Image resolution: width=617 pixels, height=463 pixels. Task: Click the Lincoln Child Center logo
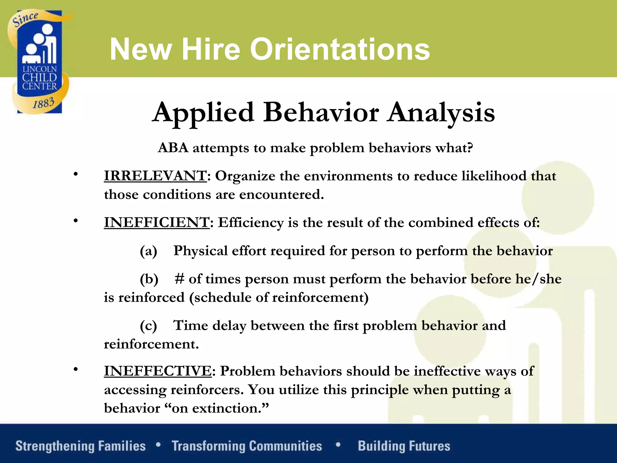[39, 62]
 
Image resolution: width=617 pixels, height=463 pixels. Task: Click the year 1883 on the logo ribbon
[43, 103]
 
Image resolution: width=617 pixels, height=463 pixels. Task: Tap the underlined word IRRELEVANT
[155, 176]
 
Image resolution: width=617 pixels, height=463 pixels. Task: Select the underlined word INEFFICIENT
[157, 222]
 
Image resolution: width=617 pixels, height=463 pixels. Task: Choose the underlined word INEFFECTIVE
[158, 371]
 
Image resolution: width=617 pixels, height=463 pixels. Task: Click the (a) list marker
[149, 251]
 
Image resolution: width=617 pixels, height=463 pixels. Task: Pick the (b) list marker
[149, 279]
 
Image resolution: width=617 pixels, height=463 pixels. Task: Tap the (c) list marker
[149, 326]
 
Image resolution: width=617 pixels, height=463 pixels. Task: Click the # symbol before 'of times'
[180, 279]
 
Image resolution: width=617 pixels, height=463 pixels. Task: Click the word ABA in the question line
[173, 148]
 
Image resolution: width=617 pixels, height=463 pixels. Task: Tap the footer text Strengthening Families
[80, 446]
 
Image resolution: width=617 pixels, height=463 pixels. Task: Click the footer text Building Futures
[404, 446]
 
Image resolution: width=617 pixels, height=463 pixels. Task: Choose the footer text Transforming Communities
[247, 446]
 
